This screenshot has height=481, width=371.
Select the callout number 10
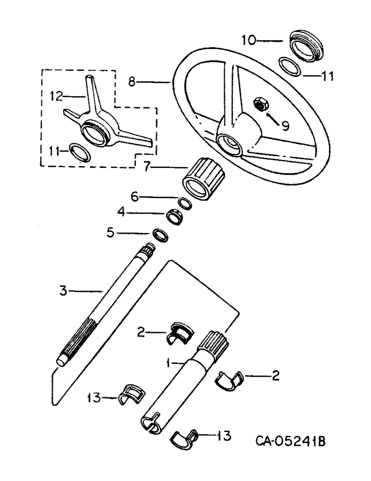tap(249, 41)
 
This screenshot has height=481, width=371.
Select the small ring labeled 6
tap(184, 203)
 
